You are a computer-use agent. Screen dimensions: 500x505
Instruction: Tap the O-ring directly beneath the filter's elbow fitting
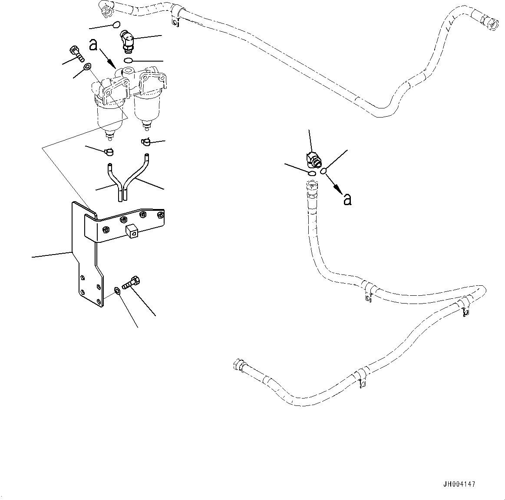128,60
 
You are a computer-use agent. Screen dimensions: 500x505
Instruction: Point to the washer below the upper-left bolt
86,67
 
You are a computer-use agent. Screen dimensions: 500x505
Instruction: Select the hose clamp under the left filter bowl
109,151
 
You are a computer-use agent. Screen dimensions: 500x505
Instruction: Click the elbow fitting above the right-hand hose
314,160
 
